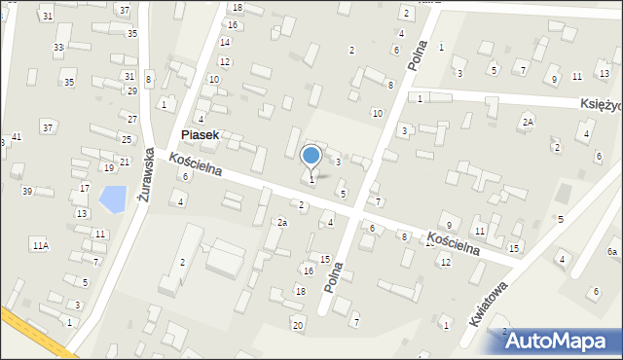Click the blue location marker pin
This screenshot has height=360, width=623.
tap(311, 156)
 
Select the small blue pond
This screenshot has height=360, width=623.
tap(113, 198)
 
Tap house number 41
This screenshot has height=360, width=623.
tap(17, 137)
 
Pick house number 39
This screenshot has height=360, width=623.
tap(27, 191)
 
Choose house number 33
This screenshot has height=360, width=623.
tap(58, 48)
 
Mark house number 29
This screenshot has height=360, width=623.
tap(131, 90)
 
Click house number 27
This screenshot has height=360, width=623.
tap(131, 119)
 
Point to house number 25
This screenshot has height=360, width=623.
tap(126, 140)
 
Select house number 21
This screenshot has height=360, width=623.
tap(124, 162)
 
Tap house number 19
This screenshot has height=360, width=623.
tap(108, 168)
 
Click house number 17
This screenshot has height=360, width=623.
tap(85, 188)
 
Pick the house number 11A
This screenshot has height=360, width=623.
tap(40, 245)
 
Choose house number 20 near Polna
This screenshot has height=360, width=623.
tap(298, 324)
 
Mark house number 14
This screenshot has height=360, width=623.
tap(225, 42)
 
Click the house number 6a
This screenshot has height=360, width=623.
tap(612, 252)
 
